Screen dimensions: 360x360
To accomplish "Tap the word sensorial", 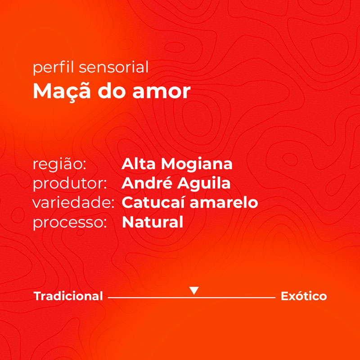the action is [114, 67].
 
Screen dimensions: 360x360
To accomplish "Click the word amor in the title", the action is [162, 92].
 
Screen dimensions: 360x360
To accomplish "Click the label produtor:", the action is [70, 184].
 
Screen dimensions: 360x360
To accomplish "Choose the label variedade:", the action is [73, 202].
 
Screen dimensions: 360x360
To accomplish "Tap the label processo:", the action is [70, 223].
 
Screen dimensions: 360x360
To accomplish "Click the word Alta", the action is [139, 164].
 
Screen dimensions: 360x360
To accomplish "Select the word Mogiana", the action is [197, 165].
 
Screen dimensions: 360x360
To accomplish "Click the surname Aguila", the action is [204, 184].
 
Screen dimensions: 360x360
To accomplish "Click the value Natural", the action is [153, 222].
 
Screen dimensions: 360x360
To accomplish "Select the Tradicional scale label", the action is [68, 296].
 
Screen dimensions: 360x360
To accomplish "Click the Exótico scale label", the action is [304, 296].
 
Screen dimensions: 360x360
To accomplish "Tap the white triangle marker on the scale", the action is [194, 290].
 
